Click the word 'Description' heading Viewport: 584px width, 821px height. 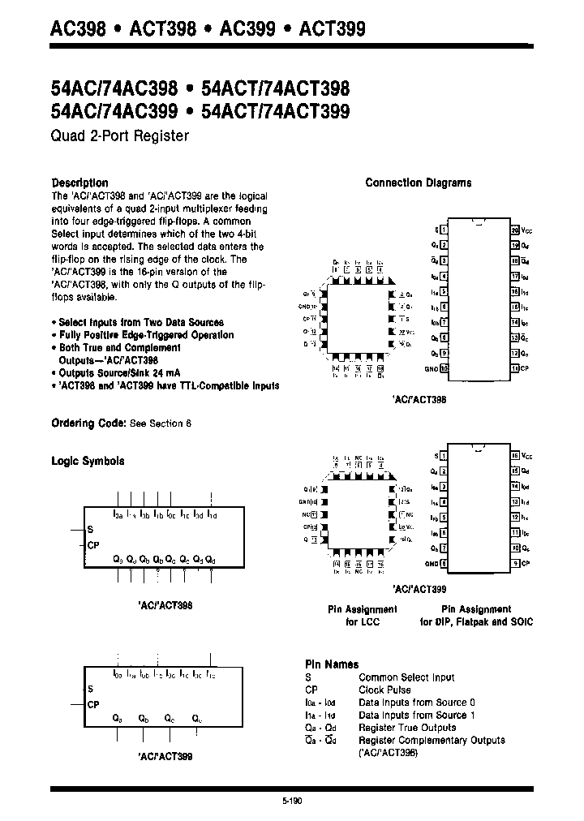(79, 183)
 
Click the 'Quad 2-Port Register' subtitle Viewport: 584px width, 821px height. (120, 136)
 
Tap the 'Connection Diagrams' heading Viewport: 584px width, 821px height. (418, 183)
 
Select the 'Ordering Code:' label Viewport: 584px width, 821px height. (88, 423)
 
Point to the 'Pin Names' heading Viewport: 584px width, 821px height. (331, 664)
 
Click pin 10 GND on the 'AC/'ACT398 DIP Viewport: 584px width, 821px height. (444, 368)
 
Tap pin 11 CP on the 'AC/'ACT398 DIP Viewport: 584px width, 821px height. (514, 368)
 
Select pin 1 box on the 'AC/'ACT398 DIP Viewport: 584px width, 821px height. (444, 230)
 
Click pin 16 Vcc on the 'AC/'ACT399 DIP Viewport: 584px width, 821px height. (514, 456)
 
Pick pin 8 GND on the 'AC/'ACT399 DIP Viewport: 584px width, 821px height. (444, 563)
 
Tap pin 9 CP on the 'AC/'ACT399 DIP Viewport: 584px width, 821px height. (514, 563)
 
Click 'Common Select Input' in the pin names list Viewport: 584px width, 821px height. (406, 677)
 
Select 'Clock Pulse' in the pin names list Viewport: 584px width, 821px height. (384, 690)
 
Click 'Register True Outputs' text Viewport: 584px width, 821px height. (407, 728)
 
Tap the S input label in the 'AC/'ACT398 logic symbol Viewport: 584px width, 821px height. (89, 529)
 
